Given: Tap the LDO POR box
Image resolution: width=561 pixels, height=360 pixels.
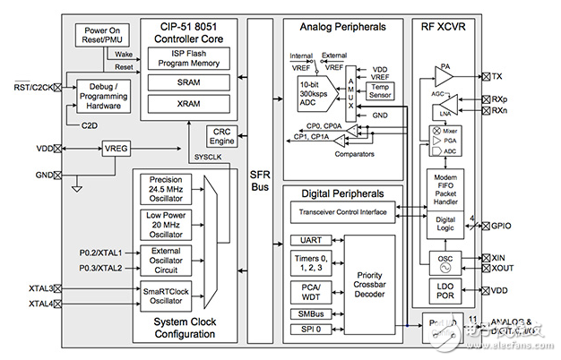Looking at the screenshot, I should pyautogui.click(x=444, y=291).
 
